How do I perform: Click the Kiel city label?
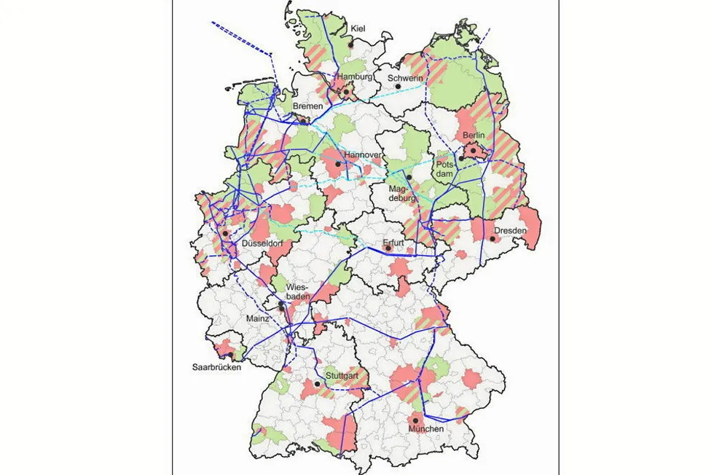click(x=358, y=28)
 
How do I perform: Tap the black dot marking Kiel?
click(x=351, y=44)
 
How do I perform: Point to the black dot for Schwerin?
click(x=398, y=86)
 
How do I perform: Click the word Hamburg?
click(x=354, y=76)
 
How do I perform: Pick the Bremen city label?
click(x=307, y=106)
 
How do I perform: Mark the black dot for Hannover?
click(x=338, y=164)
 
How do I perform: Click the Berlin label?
click(x=475, y=136)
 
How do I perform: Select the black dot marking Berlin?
click(x=471, y=151)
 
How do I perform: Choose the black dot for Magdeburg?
click(x=409, y=177)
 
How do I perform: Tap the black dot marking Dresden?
click(x=493, y=238)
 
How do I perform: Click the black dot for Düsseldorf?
click(x=226, y=234)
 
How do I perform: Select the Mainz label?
click(x=257, y=318)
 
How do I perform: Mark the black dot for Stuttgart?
click(x=318, y=383)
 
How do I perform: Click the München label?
click(x=425, y=429)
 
